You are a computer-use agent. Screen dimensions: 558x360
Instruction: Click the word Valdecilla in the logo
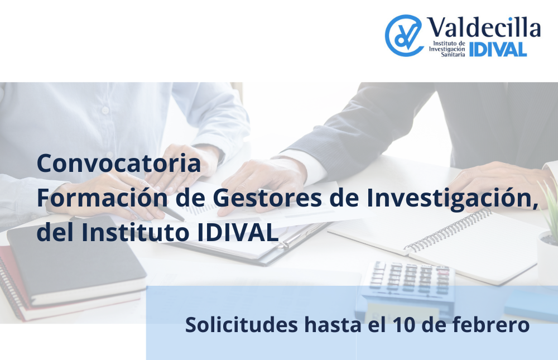(x=484, y=27)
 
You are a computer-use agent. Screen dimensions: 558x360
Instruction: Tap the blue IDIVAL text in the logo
(x=498, y=50)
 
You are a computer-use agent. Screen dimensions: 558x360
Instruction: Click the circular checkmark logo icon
(x=403, y=35)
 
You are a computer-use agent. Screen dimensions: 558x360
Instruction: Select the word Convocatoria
(x=119, y=164)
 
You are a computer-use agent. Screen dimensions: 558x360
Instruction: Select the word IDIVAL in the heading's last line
(x=238, y=233)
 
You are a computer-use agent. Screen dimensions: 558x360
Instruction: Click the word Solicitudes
(x=242, y=324)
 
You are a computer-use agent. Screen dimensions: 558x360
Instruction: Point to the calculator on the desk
(x=408, y=285)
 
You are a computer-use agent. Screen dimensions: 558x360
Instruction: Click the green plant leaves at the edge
(x=550, y=207)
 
